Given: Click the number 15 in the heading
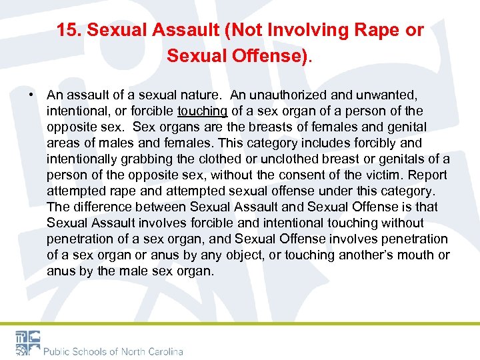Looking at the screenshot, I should click(x=65, y=31).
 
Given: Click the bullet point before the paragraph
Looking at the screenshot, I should click(x=31, y=95).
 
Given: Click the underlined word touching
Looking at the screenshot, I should click(x=203, y=111).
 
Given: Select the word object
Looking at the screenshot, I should click(x=249, y=255).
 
